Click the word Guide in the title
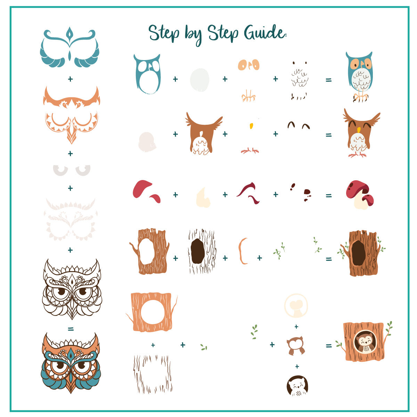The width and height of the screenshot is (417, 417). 265,33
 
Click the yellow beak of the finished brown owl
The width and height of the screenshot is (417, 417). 359,130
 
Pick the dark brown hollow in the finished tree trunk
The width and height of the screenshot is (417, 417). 358,252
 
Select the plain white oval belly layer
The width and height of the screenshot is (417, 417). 200,80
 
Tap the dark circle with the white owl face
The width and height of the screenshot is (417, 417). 297,386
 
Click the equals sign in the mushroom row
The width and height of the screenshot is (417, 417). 328,196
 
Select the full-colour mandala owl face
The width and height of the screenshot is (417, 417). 71,363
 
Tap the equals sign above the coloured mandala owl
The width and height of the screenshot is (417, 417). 71,328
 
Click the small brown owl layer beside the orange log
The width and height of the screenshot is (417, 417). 296,346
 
